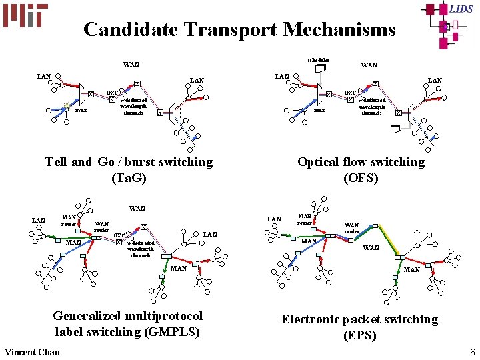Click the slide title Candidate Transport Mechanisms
(239, 30)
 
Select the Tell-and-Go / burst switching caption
(129, 162)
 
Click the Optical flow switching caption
(361, 162)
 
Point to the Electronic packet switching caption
(359, 319)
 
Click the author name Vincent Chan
(32, 352)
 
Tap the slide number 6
(472, 352)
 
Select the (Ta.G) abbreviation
(129, 178)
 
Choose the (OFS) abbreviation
(361, 178)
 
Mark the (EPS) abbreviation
(360, 335)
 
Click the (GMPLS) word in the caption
(166, 332)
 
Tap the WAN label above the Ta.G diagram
(131, 65)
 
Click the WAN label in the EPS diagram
(371, 248)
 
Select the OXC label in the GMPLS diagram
(119, 235)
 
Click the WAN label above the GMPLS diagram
(137, 209)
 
